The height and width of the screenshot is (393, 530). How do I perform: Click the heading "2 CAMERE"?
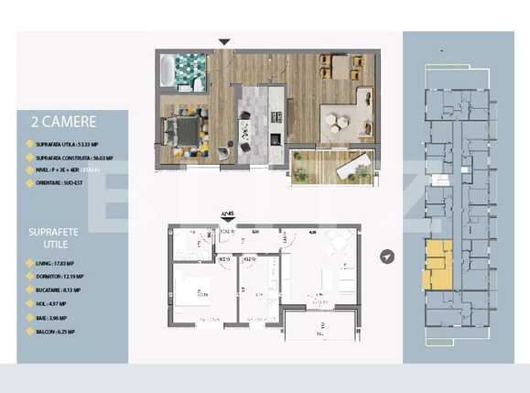pyautogui.click(x=63, y=120)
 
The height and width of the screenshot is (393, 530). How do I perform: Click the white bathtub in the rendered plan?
pyautogui.click(x=171, y=71)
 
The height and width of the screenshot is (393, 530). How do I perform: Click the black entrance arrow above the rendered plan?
pyautogui.click(x=224, y=41)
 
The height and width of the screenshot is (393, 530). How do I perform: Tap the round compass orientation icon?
pyautogui.click(x=388, y=257)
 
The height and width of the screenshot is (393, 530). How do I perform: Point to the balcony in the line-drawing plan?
pyautogui.click(x=319, y=328)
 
